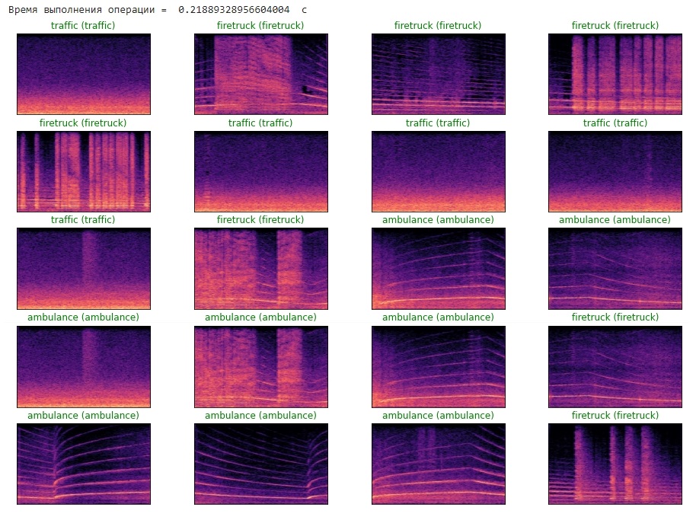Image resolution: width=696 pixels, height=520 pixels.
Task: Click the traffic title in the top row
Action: (x=83, y=26)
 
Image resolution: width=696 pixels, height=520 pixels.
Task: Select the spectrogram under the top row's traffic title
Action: (x=83, y=74)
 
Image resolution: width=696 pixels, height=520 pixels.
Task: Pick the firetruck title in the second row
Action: (x=83, y=123)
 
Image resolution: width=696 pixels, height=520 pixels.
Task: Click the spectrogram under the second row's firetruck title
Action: (x=83, y=171)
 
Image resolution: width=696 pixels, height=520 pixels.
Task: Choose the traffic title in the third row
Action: (x=83, y=220)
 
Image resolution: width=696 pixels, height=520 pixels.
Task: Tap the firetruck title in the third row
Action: (x=260, y=220)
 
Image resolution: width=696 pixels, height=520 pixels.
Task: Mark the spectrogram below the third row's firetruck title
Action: (x=260, y=268)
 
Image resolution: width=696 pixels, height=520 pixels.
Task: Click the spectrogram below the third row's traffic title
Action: (x=83, y=268)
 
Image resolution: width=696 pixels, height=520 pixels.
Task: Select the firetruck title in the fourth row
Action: (x=615, y=317)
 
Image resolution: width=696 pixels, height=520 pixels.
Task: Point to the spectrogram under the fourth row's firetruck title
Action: (x=615, y=366)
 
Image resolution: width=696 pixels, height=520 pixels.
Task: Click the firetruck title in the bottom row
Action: (x=615, y=416)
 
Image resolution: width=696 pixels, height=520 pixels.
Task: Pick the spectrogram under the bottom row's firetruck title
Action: (x=615, y=464)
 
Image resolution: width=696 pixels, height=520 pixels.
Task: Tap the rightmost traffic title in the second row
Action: (x=615, y=123)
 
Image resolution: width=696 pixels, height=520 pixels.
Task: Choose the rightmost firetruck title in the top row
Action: (x=615, y=26)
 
